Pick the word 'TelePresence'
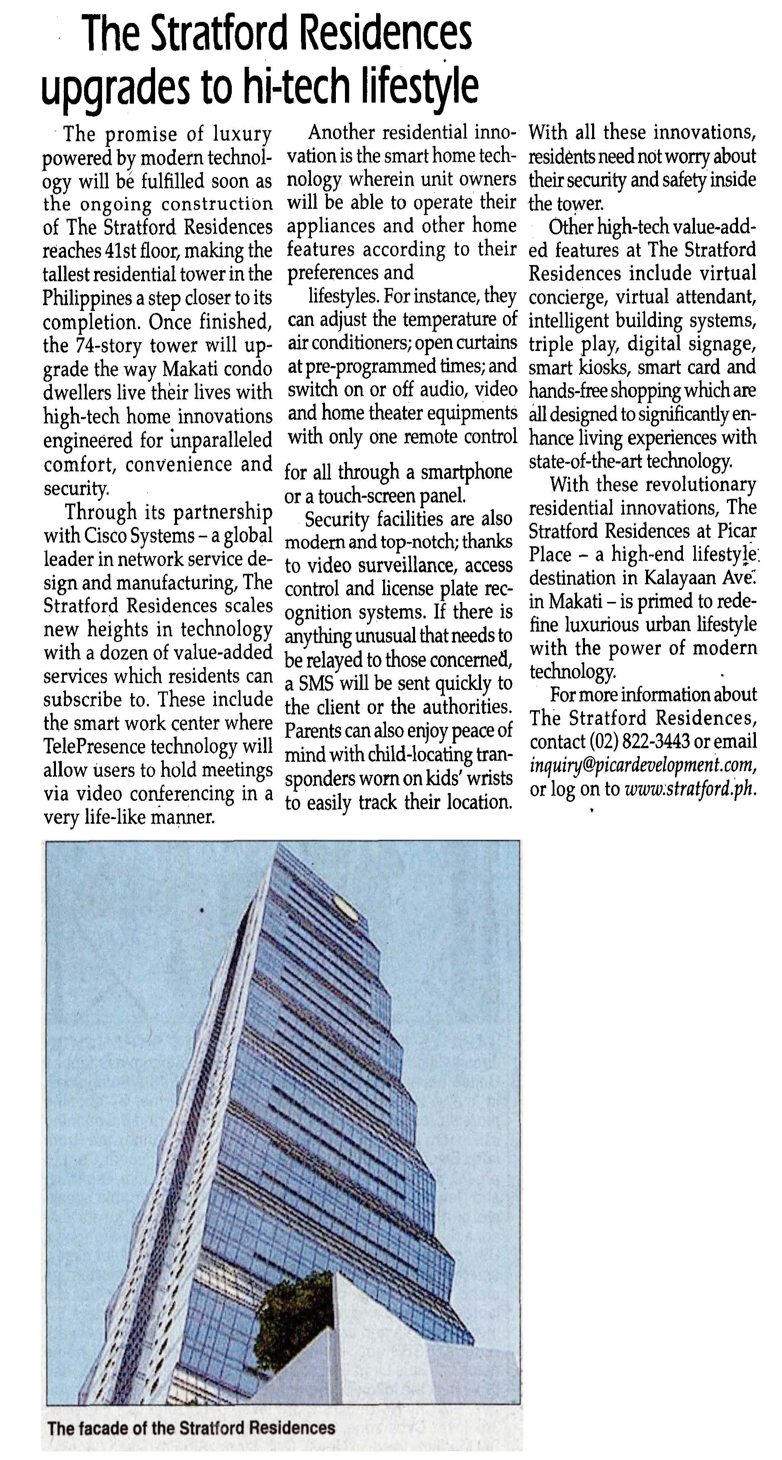click(95, 747)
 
